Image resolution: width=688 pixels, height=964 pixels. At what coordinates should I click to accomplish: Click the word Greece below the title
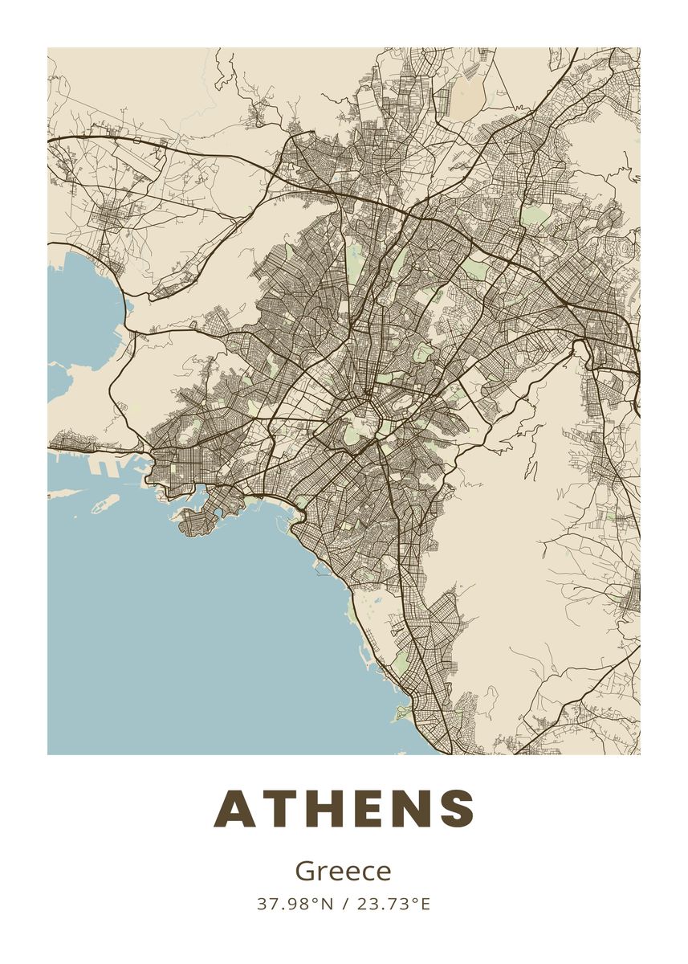point(344,871)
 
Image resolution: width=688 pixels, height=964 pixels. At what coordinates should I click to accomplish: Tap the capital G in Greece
point(304,871)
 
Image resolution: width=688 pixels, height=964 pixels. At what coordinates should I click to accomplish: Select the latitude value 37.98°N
point(295,904)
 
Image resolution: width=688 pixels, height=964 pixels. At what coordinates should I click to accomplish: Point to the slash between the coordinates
point(344,904)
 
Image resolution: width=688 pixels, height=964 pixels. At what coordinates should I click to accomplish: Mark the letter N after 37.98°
point(327,904)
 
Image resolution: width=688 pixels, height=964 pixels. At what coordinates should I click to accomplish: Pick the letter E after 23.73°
point(425,904)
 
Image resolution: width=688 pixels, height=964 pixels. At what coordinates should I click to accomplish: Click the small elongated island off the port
point(104,504)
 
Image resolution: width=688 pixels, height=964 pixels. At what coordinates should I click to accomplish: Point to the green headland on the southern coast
point(402,713)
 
